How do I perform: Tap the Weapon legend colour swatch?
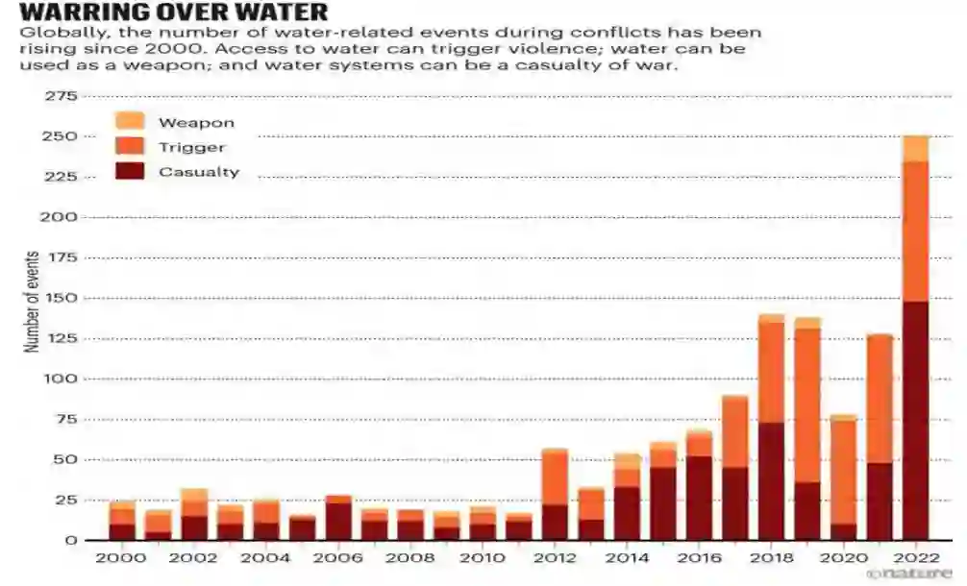tap(130, 122)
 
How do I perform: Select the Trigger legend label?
tap(192, 147)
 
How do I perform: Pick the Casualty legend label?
tap(199, 172)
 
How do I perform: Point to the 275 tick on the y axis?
tap(59, 97)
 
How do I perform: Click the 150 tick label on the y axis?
tap(59, 299)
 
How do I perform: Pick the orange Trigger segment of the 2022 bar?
tap(916, 232)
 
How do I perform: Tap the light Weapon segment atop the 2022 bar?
tap(916, 148)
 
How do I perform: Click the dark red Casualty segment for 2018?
tap(772, 481)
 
